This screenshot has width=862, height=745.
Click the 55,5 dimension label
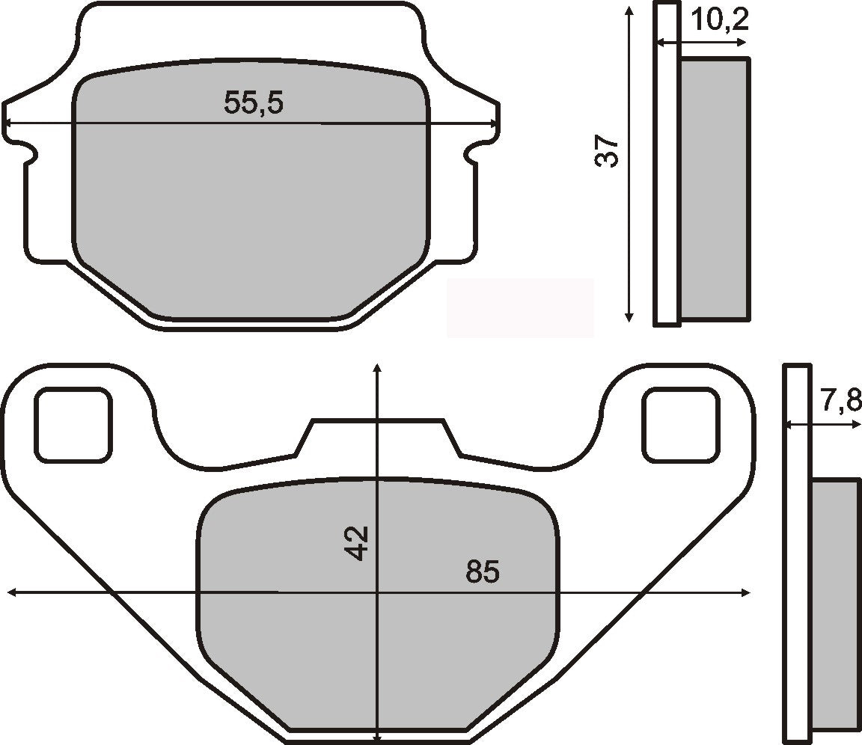click(x=254, y=102)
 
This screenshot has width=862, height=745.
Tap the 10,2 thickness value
click(x=719, y=21)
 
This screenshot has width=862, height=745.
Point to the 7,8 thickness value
click(x=840, y=402)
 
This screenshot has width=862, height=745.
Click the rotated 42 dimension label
click(x=357, y=543)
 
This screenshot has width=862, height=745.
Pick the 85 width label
click(x=483, y=572)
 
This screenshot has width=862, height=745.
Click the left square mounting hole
click(x=74, y=424)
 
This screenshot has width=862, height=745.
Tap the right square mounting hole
click(x=680, y=424)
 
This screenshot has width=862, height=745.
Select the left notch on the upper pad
click(x=28, y=153)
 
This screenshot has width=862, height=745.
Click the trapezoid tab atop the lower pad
click(x=378, y=438)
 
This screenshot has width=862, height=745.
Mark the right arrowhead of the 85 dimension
click(x=745, y=592)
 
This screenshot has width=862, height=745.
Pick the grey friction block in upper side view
click(x=714, y=190)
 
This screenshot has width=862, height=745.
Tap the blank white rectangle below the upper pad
click(x=520, y=307)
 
